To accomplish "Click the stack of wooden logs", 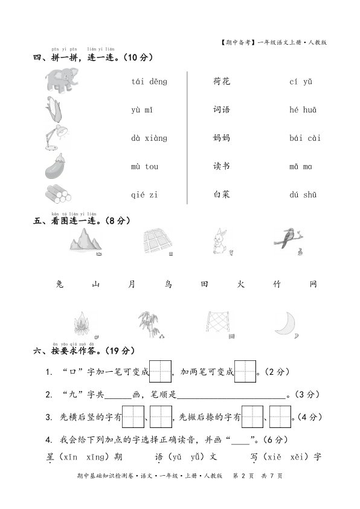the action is [58, 194].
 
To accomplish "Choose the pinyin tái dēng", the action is [149, 82].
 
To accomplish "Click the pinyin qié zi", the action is [144, 195].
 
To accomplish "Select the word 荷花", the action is [222, 82].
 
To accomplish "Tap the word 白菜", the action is [222, 195].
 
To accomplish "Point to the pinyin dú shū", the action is [303, 195].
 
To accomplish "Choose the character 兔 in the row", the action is [59, 284].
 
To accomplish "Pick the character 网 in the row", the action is [313, 284].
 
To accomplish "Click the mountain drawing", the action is [83, 243].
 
